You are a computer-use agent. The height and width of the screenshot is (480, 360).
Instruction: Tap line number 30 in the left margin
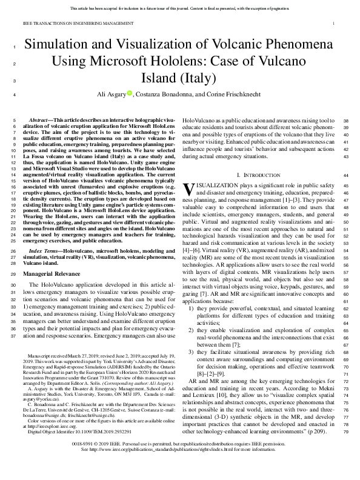[13, 284]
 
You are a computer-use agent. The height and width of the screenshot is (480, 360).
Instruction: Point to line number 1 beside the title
[13, 47]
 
